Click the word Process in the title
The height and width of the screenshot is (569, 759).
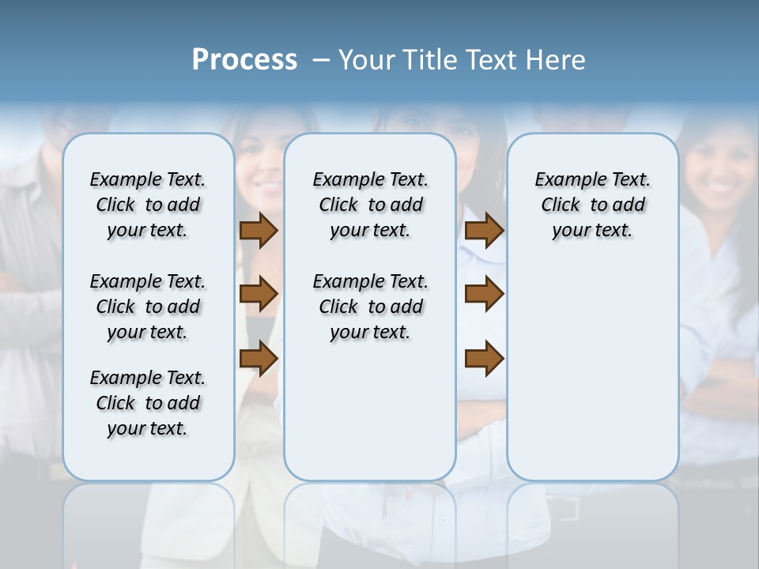click(244, 60)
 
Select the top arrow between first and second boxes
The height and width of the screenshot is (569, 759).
click(259, 231)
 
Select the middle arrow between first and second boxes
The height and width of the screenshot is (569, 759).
click(259, 294)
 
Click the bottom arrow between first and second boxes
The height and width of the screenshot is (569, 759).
click(259, 359)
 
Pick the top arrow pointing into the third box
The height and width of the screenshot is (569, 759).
click(485, 231)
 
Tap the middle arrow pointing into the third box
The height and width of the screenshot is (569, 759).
click(485, 294)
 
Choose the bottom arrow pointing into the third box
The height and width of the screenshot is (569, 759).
click(485, 359)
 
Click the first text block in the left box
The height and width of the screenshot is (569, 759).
click(148, 205)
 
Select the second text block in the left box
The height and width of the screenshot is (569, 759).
click(148, 307)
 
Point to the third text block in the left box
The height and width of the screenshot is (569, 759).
click(148, 403)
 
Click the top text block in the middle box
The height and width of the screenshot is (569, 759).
click(370, 205)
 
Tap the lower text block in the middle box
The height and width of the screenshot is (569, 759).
click(370, 307)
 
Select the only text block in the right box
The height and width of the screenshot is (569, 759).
click(592, 205)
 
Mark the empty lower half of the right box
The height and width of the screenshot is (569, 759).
click(592, 379)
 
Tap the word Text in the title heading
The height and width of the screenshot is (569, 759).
click(491, 60)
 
